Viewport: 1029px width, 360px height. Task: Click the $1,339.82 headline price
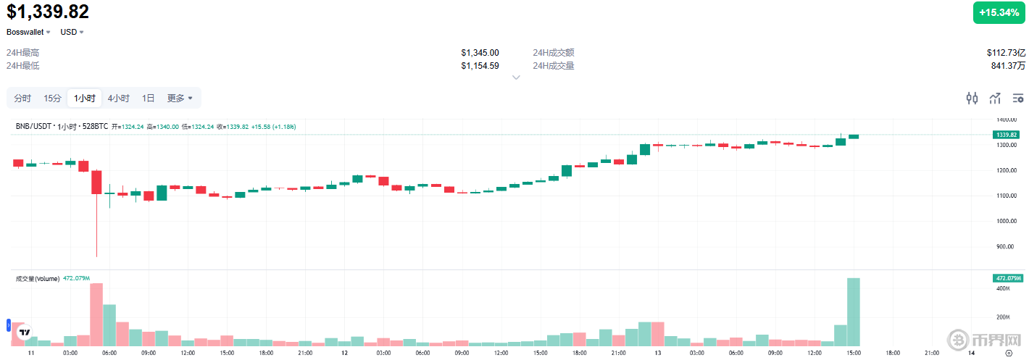[x=48, y=12]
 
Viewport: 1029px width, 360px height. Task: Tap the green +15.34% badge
[x=999, y=12]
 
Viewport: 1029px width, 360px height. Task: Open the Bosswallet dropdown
[x=28, y=32]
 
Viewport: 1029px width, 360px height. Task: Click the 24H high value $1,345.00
[x=480, y=53]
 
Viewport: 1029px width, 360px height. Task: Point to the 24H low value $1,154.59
[x=480, y=66]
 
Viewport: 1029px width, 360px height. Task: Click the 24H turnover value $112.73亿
[x=1006, y=53]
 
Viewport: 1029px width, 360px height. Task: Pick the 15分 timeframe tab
[x=52, y=98]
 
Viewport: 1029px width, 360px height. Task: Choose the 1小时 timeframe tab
[x=84, y=98]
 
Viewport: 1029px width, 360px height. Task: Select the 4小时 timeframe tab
[x=118, y=98]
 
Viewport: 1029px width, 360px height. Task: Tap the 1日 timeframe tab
[x=148, y=98]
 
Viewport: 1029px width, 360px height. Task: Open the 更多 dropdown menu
[x=180, y=98]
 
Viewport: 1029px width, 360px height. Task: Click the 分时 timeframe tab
[x=22, y=98]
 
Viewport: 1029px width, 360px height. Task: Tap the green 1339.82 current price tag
[x=1007, y=135]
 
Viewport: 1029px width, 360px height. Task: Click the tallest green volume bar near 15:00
[x=854, y=311]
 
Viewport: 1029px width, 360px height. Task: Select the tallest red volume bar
[x=96, y=314]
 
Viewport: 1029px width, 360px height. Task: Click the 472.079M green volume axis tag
[x=1007, y=278]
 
